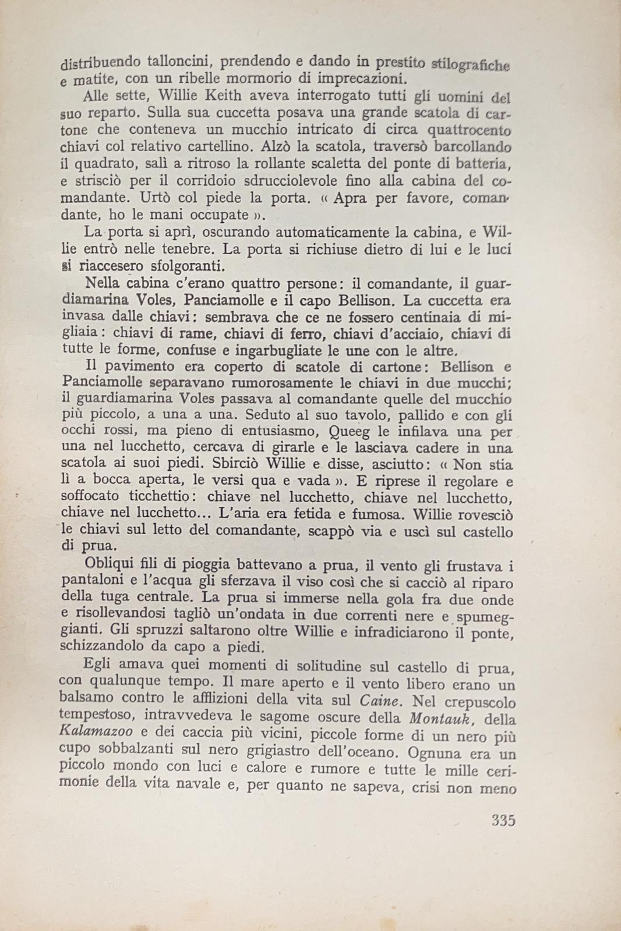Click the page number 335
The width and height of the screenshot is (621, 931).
[x=503, y=820]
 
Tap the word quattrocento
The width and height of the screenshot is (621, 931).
[x=469, y=130]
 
